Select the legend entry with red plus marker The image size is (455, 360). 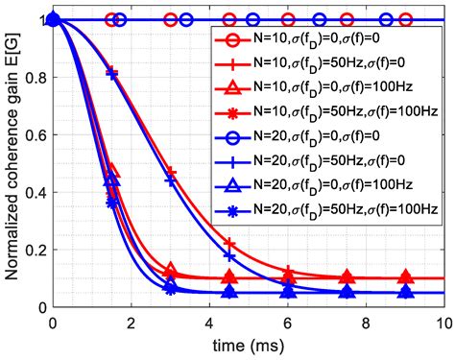coord(326,69)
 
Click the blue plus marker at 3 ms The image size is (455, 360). coord(170,180)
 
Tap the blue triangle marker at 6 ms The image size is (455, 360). coord(287,292)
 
